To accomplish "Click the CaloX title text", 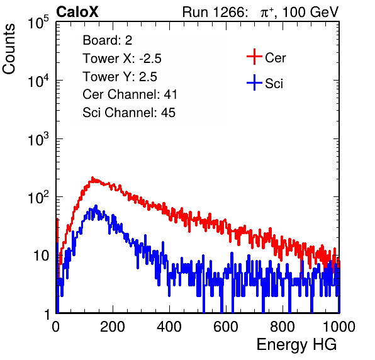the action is point(77,12).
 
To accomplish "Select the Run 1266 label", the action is point(215,12).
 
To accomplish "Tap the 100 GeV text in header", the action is point(310,12).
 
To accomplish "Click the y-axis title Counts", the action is point(9,48).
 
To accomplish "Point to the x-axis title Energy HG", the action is point(296,345).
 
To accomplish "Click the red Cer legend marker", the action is point(254,57).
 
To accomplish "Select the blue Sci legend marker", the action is point(254,83).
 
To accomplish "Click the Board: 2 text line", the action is point(108,40).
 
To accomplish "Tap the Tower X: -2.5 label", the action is point(122,59).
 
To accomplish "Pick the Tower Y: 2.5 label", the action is point(120,77).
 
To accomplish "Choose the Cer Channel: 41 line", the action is point(130,94).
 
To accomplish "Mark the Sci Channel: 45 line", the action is point(129,113).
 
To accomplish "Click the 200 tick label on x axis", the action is point(113,327).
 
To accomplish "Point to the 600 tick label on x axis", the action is point(226,327).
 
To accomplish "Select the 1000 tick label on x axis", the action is point(339,327).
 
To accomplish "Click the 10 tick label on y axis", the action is point(42,256).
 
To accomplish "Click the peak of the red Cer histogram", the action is point(92,177).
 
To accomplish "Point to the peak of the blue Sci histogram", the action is point(96,205).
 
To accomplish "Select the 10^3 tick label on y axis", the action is point(38,139).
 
